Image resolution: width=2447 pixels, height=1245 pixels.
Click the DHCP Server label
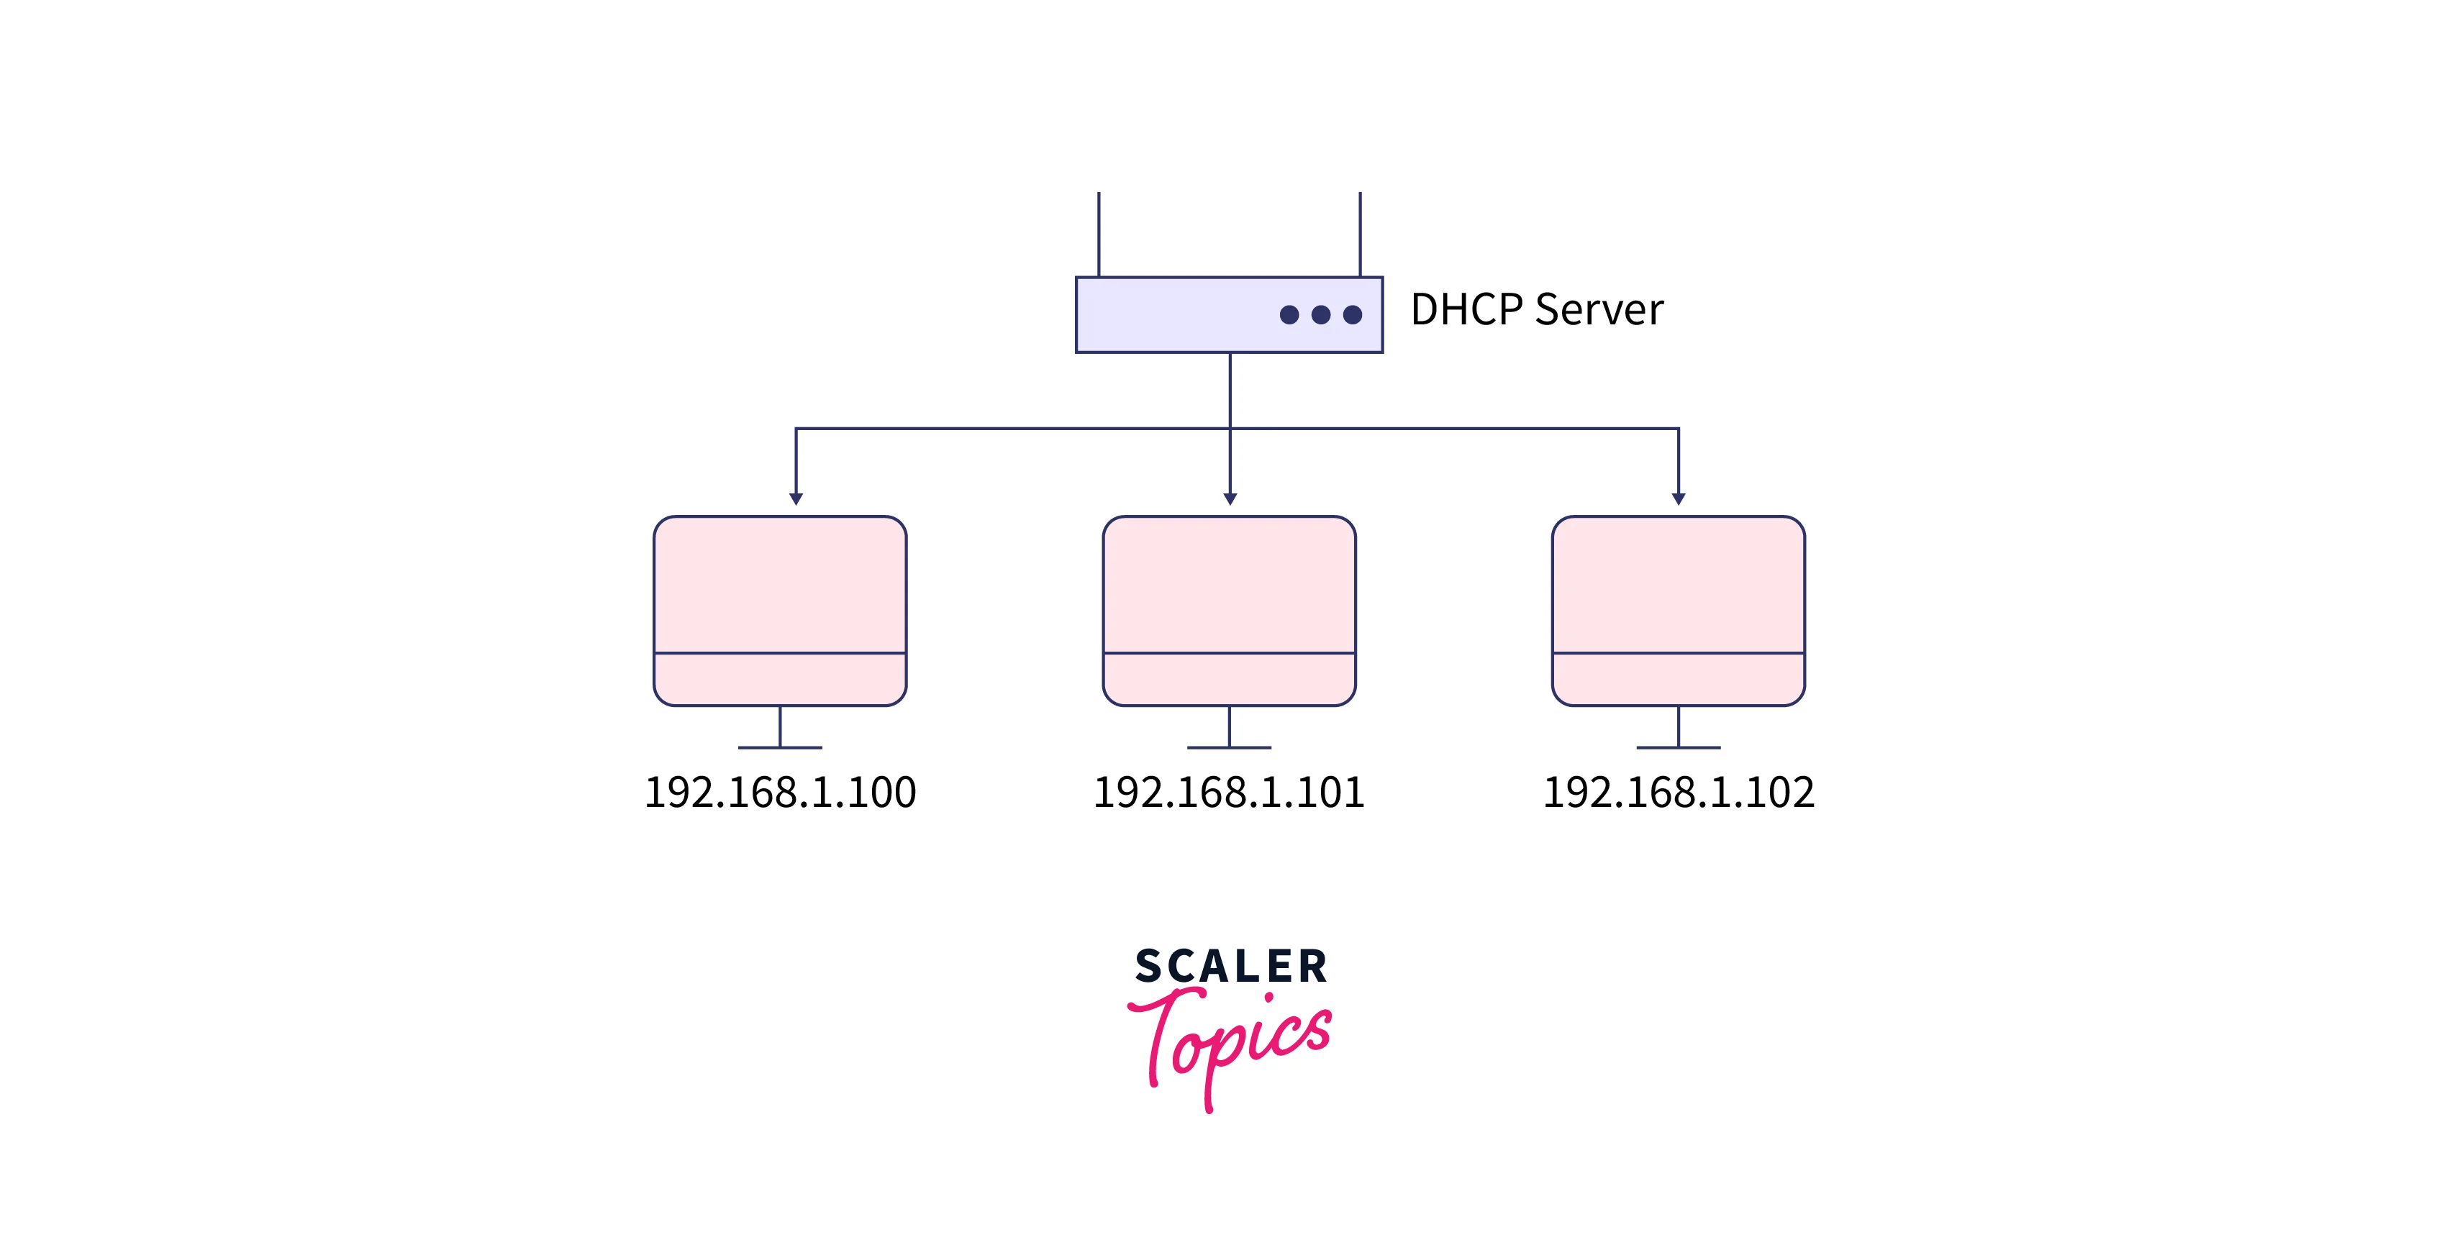tap(1536, 309)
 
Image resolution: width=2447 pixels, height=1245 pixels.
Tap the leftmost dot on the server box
tap(1289, 314)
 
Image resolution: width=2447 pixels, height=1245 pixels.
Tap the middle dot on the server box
tap(1320, 314)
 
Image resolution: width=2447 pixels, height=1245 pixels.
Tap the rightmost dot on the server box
tap(1353, 314)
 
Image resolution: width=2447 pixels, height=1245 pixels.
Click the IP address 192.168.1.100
tap(780, 792)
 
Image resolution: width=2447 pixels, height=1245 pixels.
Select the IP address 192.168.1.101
tap(1229, 792)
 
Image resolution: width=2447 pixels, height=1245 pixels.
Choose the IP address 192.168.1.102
tap(1679, 792)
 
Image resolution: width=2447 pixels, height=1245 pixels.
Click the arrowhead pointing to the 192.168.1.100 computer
tap(796, 498)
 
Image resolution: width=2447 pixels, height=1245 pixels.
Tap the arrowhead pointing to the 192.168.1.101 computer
tap(1230, 498)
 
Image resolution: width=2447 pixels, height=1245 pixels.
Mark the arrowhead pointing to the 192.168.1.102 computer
tap(1679, 498)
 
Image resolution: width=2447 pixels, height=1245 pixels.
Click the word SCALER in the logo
tap(1231, 967)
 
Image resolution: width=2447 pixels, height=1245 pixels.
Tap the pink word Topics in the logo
tap(1231, 1040)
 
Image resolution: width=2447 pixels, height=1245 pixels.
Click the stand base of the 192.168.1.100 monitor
tap(780, 747)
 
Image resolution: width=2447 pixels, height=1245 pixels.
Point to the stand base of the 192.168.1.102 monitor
tap(1679, 747)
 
